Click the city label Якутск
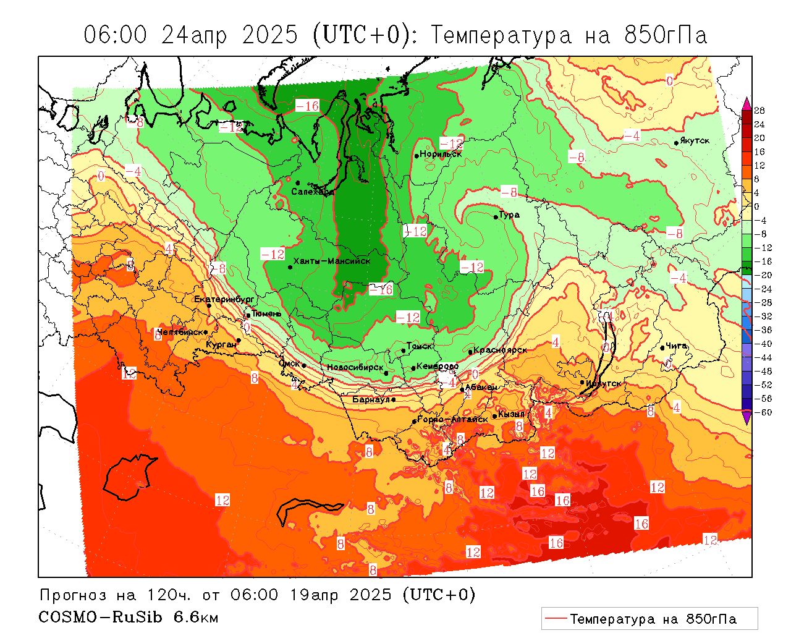695,141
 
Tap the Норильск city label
441,154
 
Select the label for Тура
510,215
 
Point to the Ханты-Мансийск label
332,261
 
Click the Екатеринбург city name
224,299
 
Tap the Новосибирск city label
355,367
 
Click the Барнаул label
371,400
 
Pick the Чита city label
677,346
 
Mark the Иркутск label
604,383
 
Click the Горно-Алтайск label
453,419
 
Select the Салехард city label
313,192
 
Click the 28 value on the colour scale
759,111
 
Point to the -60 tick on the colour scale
764,412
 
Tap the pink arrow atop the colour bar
747,102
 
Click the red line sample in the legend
556,618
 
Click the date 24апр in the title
194,35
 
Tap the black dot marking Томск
404,350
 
